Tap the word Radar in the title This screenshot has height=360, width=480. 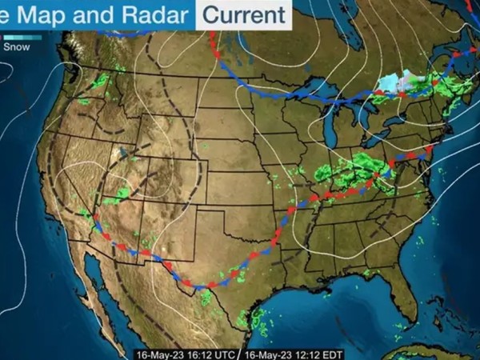pyautogui.click(x=154, y=14)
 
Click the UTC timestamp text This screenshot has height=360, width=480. pyautogui.click(x=184, y=353)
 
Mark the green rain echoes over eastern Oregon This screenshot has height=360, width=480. pyautogui.click(x=100, y=81)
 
